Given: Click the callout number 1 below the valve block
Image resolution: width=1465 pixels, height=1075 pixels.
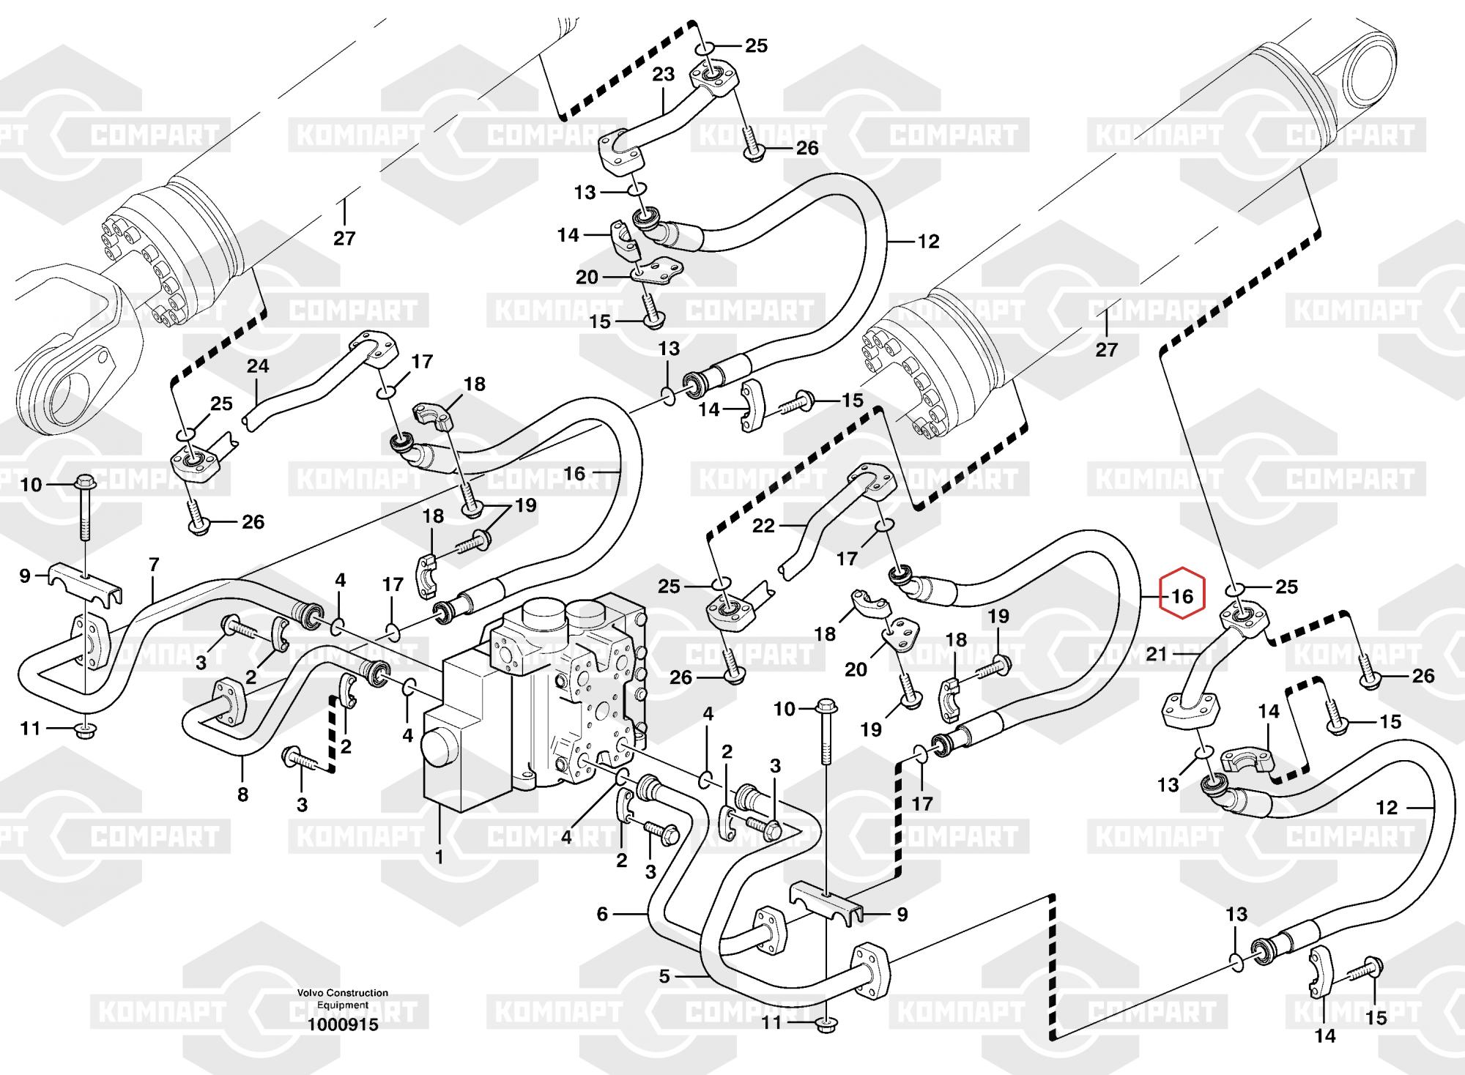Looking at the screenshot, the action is pos(439,855).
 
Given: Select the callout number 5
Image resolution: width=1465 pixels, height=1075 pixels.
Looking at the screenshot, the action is pos(664,976).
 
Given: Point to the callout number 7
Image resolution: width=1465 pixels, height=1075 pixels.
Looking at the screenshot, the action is pos(154,565).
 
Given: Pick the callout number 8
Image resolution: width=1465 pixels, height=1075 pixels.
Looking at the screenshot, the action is pos(242,794).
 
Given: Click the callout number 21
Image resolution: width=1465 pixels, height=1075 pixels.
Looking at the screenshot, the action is pos(1157,654).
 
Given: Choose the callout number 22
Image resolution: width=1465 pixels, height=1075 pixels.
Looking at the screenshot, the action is pos(763,526).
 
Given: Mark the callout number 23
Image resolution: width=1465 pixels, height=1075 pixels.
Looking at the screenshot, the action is pos(664,75).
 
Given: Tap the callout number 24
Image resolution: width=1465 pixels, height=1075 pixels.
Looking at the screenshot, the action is pos(258,365).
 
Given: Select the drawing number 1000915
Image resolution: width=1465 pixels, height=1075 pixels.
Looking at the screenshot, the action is pos(343,1024).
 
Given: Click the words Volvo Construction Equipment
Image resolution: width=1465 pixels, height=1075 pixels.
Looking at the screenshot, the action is pos(343,999).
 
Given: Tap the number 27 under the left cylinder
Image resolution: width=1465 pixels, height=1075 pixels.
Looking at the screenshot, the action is pos(344,238).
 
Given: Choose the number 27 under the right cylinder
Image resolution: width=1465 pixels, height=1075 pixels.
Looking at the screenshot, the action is pos(1107,349).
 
